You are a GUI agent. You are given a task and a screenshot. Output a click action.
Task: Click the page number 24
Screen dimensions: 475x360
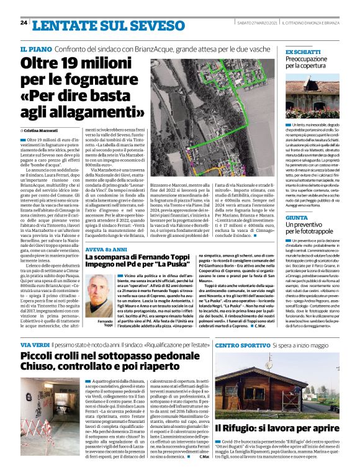click(x=24, y=22)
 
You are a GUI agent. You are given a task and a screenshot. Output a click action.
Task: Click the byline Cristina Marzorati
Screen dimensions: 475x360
click(x=40, y=131)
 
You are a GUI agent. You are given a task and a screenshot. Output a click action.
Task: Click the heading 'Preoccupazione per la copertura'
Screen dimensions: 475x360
click(x=310, y=61)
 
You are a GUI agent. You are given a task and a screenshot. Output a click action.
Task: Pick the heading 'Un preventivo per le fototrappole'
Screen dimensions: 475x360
click(x=311, y=229)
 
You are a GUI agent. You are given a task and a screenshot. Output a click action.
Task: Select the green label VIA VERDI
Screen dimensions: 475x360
click(x=35, y=344)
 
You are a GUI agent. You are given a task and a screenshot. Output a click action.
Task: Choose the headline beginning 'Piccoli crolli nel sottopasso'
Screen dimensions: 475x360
click(x=114, y=363)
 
